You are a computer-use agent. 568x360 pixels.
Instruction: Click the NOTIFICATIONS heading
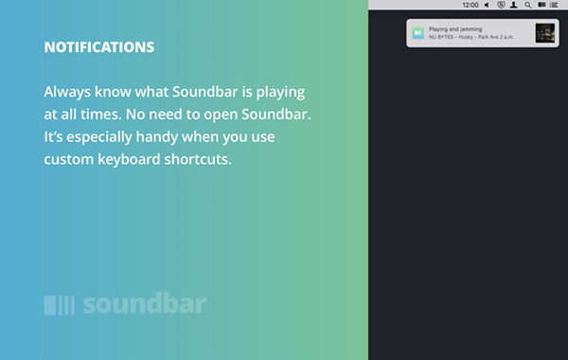[98, 46]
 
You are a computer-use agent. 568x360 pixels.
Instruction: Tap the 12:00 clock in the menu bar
[470, 5]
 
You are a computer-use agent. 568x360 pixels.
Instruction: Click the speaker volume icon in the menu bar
[487, 5]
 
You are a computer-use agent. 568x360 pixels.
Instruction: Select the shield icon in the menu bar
[500, 5]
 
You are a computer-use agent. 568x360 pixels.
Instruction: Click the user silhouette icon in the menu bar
[513, 5]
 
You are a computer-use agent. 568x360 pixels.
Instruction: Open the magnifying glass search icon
[527, 5]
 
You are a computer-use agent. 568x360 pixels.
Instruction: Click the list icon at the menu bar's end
[554, 5]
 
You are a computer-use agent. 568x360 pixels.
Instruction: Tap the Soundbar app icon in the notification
[418, 32]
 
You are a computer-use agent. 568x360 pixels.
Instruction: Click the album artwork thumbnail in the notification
[544, 32]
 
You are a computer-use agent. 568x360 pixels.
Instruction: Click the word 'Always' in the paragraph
[69, 93]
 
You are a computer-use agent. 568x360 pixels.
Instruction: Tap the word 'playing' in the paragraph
[281, 93]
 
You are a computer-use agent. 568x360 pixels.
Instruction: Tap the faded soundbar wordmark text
[144, 305]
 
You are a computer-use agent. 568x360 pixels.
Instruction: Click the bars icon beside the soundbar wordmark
[59, 305]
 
